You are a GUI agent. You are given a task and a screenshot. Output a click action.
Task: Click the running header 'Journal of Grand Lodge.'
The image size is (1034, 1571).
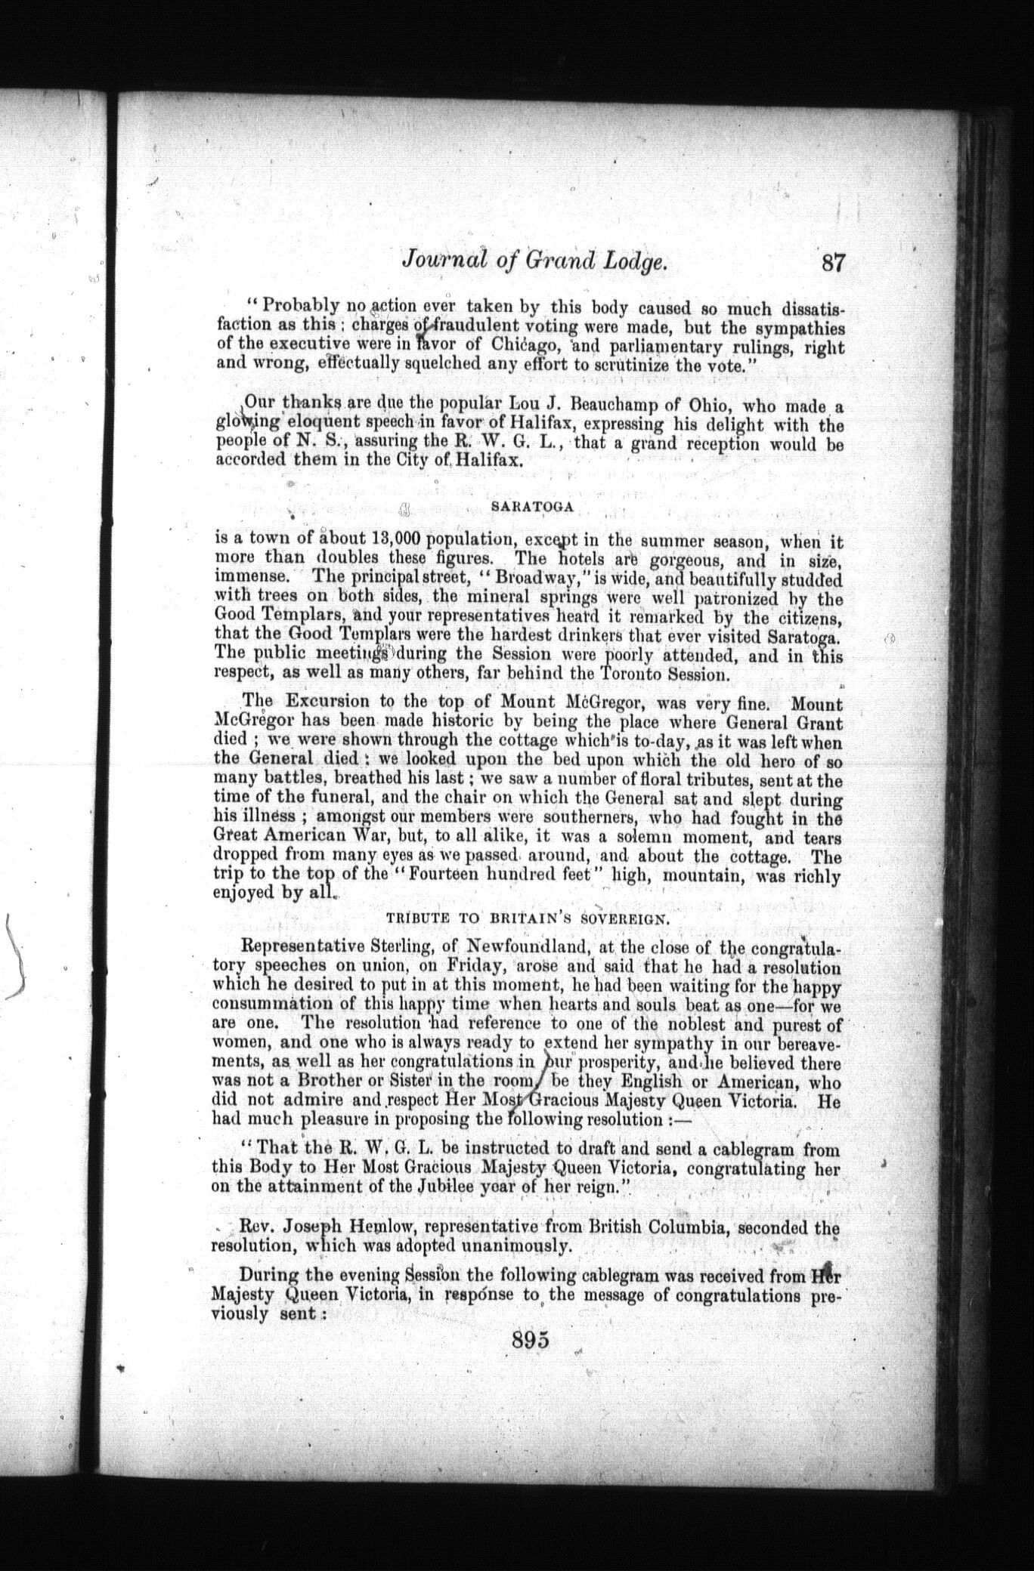(534, 262)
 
